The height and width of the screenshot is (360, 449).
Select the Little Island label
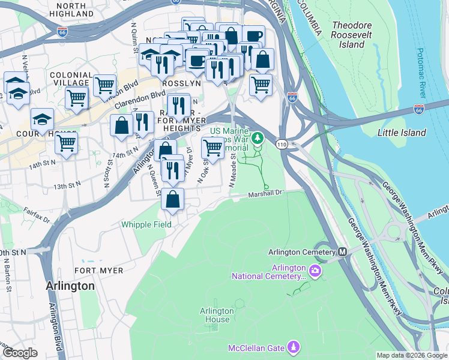402,133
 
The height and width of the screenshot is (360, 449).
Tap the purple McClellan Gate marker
294,347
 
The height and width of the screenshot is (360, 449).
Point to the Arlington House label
217,315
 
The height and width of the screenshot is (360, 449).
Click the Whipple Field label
146,224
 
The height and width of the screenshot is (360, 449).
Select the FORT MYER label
98,271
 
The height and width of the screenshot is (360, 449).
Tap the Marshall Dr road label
265,193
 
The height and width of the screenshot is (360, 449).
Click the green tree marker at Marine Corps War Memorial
258,139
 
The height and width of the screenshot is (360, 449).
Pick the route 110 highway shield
281,145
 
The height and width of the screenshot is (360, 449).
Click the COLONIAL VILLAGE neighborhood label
71,79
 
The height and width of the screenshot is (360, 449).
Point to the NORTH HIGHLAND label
71,9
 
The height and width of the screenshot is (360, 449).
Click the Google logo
20,353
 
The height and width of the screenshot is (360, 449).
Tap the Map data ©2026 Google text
411,355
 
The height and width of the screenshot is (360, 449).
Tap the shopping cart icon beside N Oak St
212,146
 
